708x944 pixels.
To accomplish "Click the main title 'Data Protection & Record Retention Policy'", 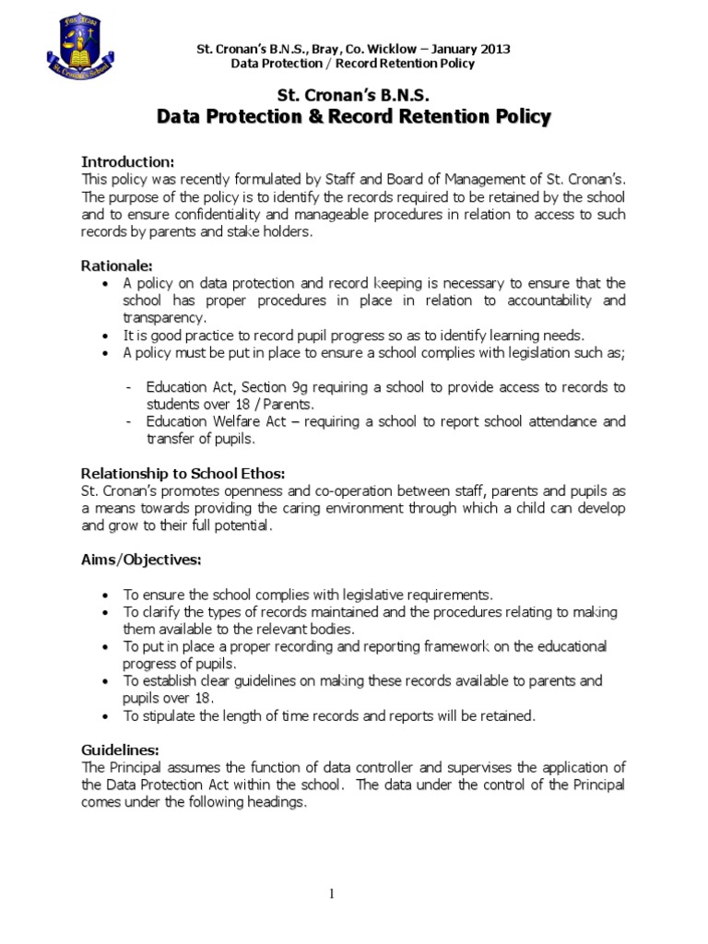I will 354,117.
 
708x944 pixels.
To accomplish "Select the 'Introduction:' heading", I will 127,161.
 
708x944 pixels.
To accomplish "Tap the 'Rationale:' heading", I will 117,265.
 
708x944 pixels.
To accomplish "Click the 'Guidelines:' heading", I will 120,750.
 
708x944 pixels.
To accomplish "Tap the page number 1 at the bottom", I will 355,894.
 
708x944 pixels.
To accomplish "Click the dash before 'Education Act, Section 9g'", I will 130,387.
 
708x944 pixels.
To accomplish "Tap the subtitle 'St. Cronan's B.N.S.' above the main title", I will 354,95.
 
